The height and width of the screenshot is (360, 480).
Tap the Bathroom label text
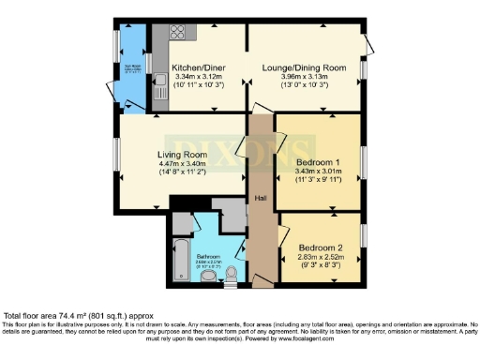click(208, 255)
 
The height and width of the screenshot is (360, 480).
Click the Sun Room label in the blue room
click(133, 67)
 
